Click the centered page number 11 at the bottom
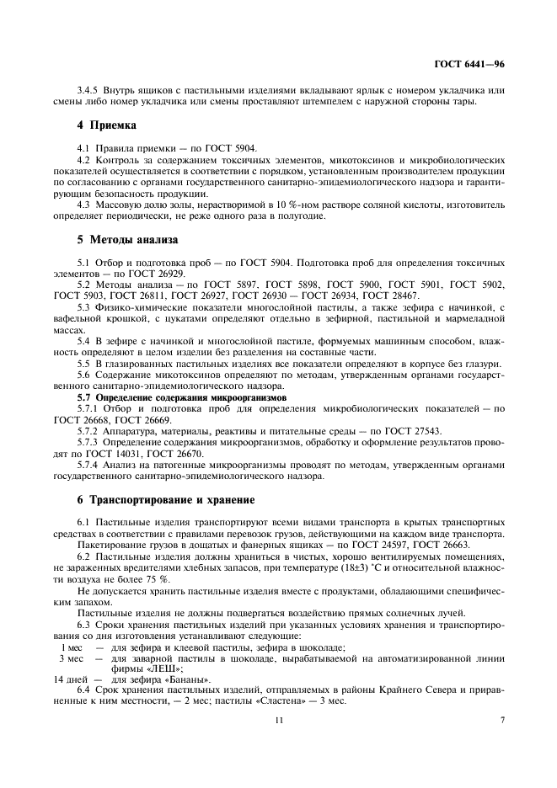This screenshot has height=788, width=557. point(277,719)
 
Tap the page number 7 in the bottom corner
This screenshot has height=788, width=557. point(501,719)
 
